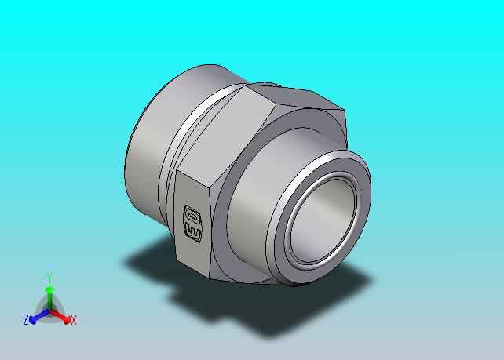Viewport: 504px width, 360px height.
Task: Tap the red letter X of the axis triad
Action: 74,320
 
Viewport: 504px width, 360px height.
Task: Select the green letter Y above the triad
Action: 49,278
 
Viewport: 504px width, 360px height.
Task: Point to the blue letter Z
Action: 26,320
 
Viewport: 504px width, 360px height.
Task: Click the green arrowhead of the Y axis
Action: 49,291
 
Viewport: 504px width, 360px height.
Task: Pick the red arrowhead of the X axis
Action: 67,320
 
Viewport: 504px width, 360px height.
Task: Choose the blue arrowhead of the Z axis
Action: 32,320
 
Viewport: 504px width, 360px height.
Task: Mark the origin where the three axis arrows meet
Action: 49,311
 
